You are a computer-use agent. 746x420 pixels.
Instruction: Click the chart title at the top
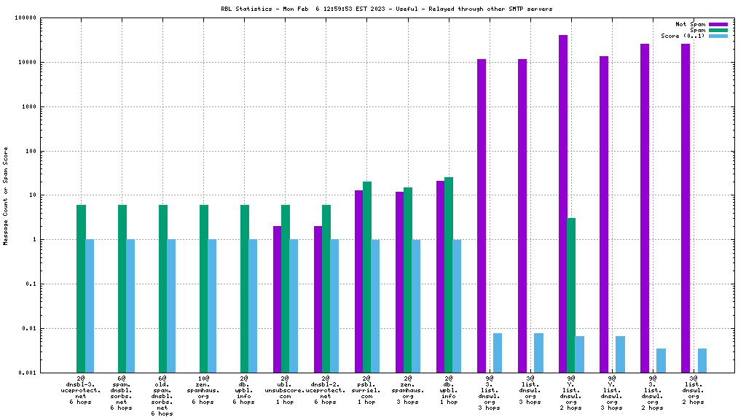point(386,9)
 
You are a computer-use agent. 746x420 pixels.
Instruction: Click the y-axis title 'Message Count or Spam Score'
point(6,195)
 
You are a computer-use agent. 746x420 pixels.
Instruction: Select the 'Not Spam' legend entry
point(691,24)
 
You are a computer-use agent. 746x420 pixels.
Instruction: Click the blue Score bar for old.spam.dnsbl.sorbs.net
point(171,306)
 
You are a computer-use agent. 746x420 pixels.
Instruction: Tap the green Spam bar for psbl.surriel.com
point(367,277)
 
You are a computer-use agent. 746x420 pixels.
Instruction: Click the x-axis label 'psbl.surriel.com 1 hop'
point(366,390)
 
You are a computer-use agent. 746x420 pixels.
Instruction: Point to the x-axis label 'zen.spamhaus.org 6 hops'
point(203,390)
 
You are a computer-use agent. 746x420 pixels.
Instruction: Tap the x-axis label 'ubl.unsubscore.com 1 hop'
point(285,390)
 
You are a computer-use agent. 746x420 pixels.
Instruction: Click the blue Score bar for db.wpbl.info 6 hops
point(253,306)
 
